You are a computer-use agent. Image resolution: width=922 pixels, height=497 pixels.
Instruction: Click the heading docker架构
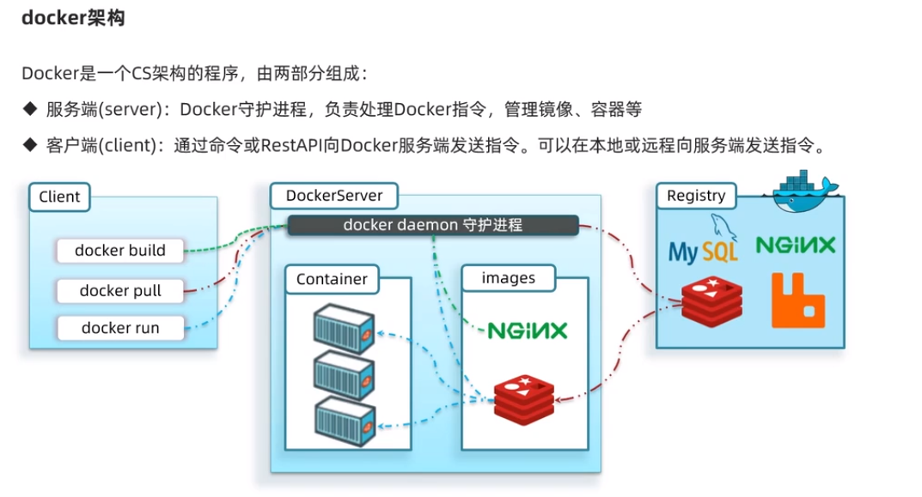pos(73,18)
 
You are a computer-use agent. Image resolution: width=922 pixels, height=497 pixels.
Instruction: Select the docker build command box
pos(120,251)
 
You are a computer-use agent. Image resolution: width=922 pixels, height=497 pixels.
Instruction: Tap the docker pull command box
pos(120,290)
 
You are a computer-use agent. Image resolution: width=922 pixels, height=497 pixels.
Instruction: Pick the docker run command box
pos(120,328)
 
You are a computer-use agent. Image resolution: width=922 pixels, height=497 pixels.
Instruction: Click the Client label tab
pos(59,197)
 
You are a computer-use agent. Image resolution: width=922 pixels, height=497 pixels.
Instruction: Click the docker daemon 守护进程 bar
pos(432,225)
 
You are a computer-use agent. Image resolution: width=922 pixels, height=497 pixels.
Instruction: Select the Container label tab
pos(332,279)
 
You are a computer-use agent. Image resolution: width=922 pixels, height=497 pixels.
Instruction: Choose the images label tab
pos(508,278)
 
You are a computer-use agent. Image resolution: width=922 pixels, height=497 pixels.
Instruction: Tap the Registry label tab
pos(696,196)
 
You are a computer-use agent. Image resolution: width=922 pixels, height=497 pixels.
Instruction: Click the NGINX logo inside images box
pos(527,330)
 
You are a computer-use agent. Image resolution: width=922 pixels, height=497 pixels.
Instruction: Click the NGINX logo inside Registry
pos(795,245)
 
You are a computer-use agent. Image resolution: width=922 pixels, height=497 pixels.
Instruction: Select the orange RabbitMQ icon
pos(797,300)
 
